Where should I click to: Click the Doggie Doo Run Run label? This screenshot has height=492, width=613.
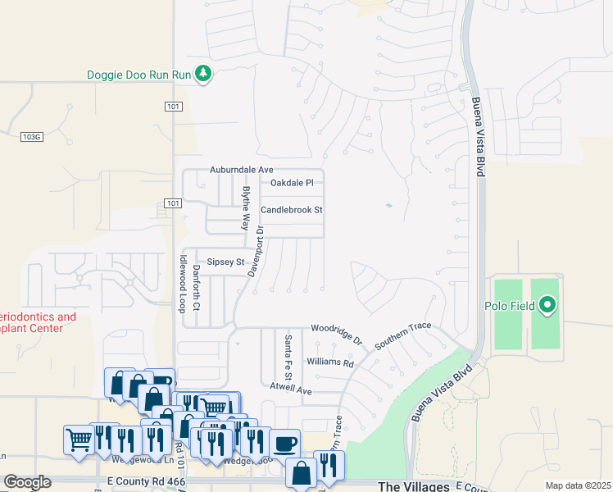coord(138,75)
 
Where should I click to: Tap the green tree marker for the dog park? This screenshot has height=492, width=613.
coord(203,75)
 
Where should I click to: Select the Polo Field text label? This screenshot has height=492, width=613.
coord(514,307)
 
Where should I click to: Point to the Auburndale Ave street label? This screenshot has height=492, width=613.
coord(241,169)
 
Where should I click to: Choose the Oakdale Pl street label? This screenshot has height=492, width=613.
coord(292,182)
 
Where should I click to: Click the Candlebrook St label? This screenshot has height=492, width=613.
coord(291,210)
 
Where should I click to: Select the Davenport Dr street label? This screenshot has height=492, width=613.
coord(258,248)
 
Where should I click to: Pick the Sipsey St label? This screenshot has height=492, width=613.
coord(225,262)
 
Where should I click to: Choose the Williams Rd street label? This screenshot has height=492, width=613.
coord(329,362)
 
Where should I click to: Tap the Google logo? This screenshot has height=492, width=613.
coord(27,482)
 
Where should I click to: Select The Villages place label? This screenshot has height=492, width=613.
coord(413,486)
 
